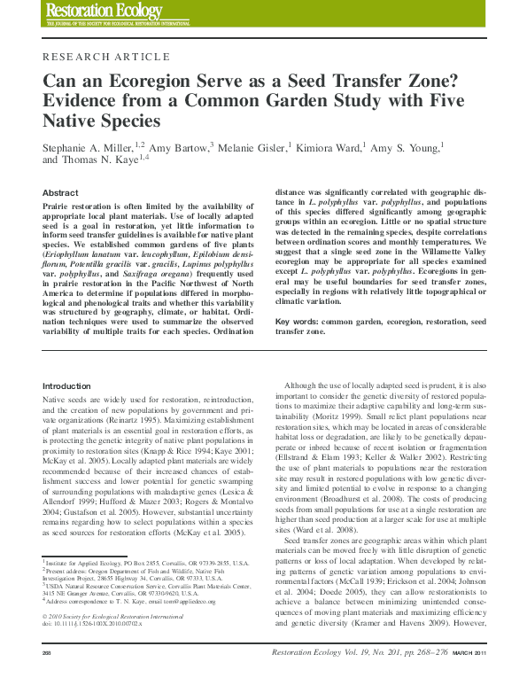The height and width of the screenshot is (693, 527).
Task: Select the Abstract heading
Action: [x=60, y=192]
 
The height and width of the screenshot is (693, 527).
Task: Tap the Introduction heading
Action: [x=66, y=386]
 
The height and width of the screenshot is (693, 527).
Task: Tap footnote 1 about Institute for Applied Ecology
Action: [x=146, y=562]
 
